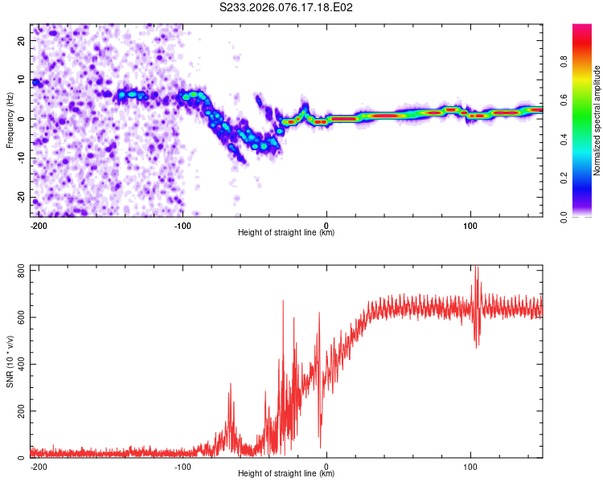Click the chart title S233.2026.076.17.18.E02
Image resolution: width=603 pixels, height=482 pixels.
coord(287,8)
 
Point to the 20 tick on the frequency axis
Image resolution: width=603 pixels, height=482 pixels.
coord(22,40)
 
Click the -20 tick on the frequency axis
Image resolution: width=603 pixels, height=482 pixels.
coord(20,198)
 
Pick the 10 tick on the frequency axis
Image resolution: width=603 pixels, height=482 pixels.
coord(22,80)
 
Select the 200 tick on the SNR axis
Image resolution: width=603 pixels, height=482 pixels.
coord(18,411)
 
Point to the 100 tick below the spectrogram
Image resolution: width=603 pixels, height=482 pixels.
coord(470,225)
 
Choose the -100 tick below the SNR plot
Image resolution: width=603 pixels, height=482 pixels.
coord(183,466)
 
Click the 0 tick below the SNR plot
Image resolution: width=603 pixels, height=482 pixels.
coord(326,466)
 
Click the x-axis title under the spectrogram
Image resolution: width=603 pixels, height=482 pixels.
coord(286,233)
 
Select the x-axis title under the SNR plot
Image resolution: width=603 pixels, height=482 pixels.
coord(286,474)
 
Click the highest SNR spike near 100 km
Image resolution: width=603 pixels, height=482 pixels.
coord(477,268)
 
